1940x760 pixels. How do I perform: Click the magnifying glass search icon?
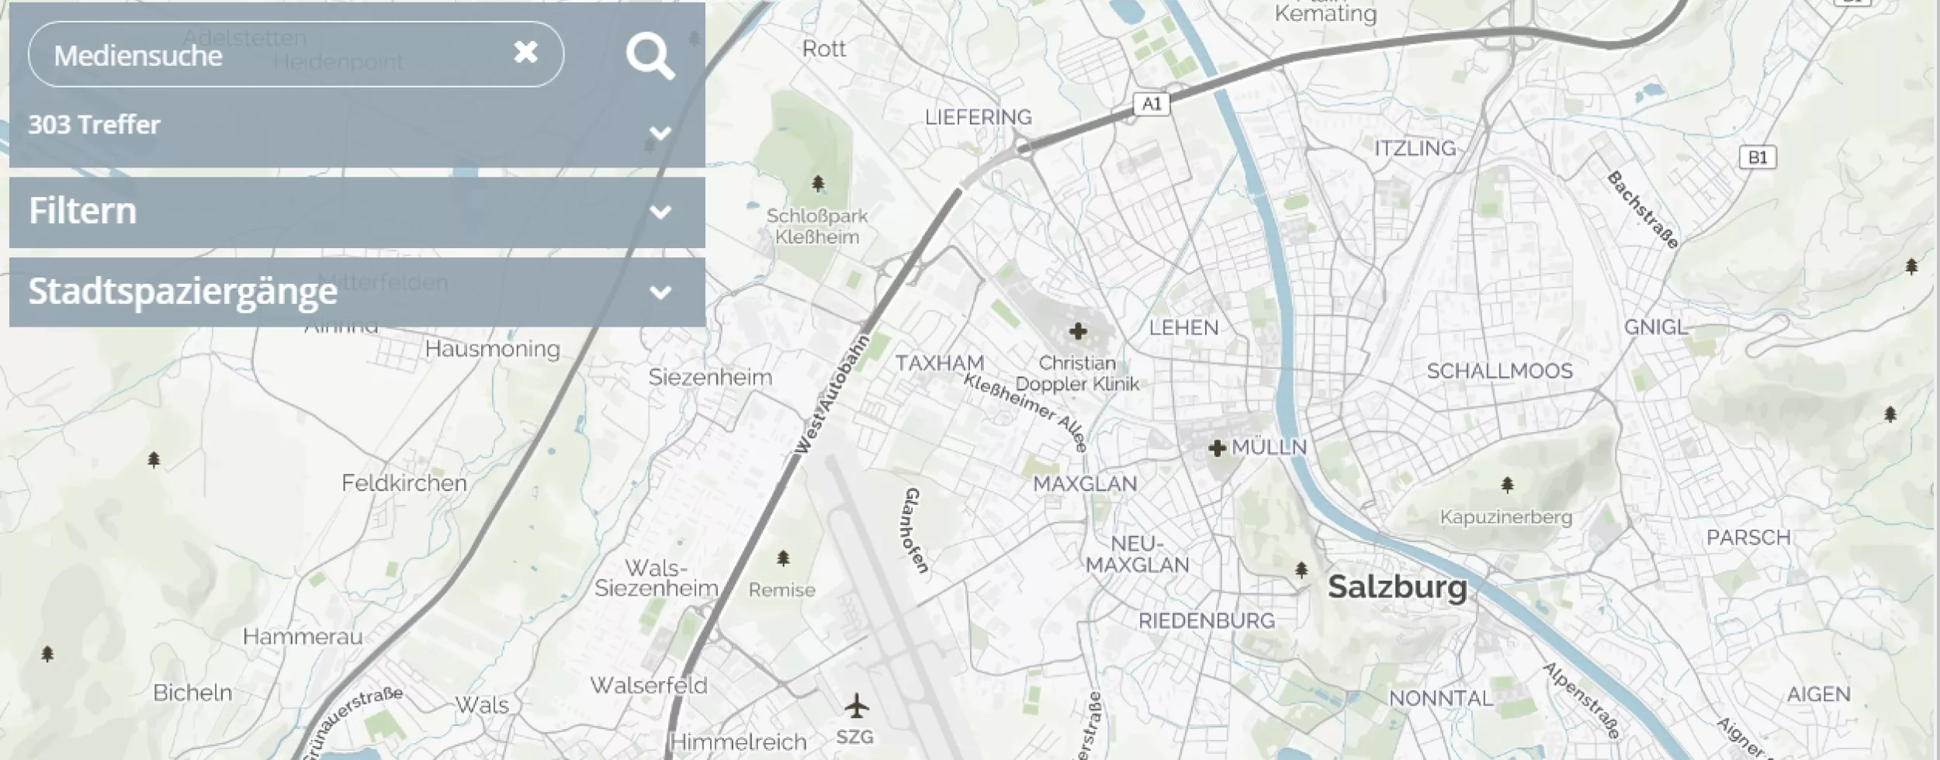point(650,56)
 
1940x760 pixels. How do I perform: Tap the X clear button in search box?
point(525,52)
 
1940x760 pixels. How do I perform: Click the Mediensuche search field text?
point(138,56)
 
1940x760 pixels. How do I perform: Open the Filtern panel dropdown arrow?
point(660,212)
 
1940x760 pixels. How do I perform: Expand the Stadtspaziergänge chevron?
point(660,292)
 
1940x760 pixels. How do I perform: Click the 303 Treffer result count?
point(95,124)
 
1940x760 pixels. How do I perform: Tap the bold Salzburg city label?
point(1397,587)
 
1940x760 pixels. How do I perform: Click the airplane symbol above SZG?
point(856,706)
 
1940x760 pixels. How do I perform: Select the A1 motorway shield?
point(1152,103)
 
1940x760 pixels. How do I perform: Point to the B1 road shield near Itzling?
point(1758,157)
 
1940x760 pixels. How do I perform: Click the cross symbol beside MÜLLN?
point(1217,447)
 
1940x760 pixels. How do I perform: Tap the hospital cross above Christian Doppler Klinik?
point(1077,332)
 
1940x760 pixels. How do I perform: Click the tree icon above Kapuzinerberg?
point(1507,485)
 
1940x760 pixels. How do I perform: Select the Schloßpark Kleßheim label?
point(817,226)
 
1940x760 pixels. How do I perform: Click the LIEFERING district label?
point(979,117)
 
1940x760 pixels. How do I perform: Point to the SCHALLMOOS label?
point(1499,371)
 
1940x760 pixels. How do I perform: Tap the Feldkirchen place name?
point(404,483)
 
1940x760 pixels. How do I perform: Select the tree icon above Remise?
point(783,558)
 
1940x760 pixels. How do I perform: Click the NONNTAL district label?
point(1440,699)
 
